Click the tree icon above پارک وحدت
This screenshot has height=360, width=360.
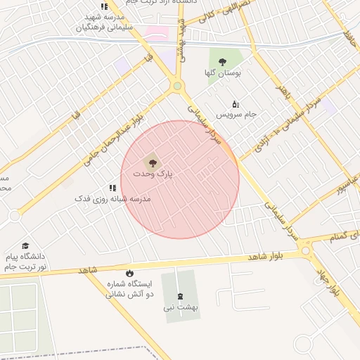click(x=155, y=163)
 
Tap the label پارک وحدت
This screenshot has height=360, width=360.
click(x=153, y=174)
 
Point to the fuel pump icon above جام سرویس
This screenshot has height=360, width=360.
click(x=236, y=104)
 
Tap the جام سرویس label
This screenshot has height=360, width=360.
click(x=236, y=114)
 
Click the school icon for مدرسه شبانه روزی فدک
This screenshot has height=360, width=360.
click(x=112, y=188)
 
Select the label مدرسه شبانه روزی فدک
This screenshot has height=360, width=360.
click(x=113, y=199)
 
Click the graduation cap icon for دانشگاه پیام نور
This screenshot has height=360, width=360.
click(x=26, y=246)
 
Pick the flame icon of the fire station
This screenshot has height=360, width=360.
click(x=129, y=273)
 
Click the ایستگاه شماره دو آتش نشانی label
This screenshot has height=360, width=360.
click(x=129, y=289)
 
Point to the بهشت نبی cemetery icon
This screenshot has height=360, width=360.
click(x=179, y=296)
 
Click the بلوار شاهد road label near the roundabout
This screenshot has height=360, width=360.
click(x=268, y=257)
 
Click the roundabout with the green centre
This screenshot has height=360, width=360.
click(x=177, y=86)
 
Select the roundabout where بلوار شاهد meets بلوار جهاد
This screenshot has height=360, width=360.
click(x=305, y=250)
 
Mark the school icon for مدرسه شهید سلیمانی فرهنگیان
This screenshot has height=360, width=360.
click(x=104, y=7)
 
